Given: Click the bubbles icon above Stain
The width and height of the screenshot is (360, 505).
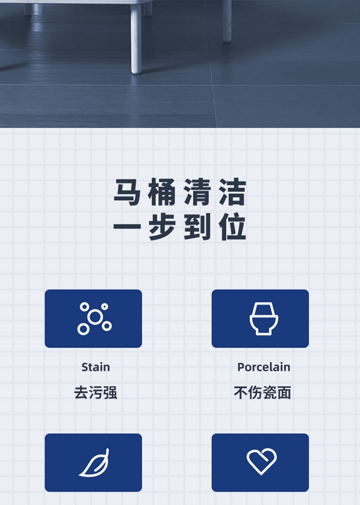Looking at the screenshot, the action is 95,319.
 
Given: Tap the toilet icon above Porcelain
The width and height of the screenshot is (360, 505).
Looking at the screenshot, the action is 264,319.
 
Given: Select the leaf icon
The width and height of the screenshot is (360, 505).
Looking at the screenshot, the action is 95,463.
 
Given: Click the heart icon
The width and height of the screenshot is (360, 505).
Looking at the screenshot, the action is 262,461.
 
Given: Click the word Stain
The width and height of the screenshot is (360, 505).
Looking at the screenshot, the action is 96,367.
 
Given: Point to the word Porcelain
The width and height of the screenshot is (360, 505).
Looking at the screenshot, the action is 264,367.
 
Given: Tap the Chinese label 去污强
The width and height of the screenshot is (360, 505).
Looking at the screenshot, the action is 96,393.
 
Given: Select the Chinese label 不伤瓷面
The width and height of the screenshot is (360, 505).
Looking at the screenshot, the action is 263,393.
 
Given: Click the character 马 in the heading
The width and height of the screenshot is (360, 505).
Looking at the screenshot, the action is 127,192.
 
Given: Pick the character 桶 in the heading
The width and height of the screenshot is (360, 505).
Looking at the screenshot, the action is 162,192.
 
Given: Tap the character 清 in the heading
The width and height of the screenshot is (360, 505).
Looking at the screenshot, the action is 197,192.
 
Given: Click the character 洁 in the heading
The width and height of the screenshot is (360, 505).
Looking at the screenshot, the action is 232,192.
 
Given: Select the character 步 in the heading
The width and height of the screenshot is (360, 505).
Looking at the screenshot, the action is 162,227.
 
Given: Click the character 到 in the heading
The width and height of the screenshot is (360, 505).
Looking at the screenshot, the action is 197,227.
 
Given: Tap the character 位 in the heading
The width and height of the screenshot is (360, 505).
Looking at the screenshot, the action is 232,227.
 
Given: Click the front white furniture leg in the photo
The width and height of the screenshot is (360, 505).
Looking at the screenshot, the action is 136,39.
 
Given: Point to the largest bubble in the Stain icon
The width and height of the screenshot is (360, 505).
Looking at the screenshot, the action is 95,317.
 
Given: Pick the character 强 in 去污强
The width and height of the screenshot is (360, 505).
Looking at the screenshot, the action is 110,393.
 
